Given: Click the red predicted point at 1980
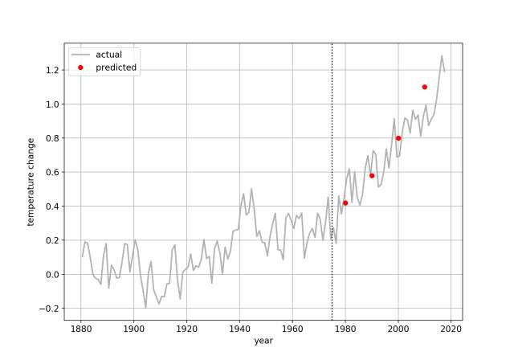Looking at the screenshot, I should [345, 202].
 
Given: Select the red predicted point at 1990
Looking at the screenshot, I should [372, 175].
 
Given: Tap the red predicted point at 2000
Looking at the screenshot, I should [398, 138].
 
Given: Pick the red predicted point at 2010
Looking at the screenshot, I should [425, 87].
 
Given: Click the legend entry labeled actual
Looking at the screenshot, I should [108, 55].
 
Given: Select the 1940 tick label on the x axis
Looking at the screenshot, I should [239, 329].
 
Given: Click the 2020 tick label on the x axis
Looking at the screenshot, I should [451, 329].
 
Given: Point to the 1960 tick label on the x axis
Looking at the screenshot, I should [292, 329].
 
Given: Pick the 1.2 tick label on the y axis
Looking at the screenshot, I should [51, 70].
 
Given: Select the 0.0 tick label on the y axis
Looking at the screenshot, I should [51, 275].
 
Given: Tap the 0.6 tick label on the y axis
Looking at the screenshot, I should [51, 172].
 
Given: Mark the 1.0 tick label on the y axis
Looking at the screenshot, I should [51, 104].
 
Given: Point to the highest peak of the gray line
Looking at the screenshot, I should [442, 56].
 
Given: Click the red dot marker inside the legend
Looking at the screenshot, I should [80, 68].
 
